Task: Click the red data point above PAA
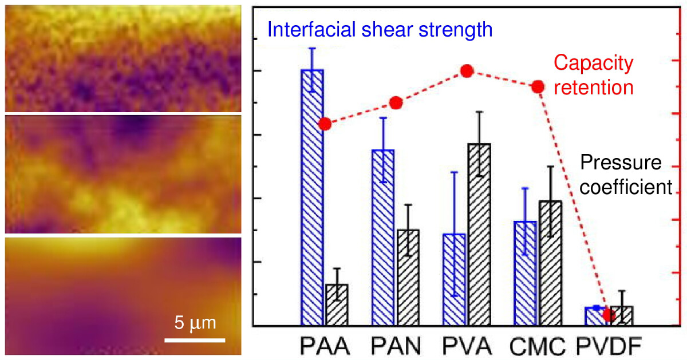[325, 124]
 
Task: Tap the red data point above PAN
[396, 103]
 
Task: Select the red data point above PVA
[467, 71]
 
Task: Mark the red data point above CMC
[538, 86]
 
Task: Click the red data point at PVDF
[609, 315]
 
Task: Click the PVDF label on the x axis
[608, 346]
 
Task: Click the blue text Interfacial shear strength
[380, 29]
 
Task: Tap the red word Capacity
[594, 64]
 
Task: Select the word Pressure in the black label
[621, 163]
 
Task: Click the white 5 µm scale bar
[195, 340]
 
